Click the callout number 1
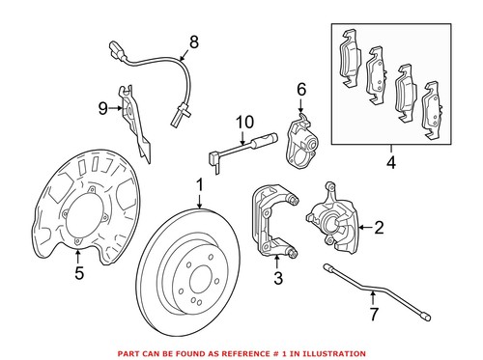200,183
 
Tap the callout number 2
379,228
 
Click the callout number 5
79,272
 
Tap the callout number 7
374,315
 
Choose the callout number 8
193,42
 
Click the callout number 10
241,121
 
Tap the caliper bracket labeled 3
271,223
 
